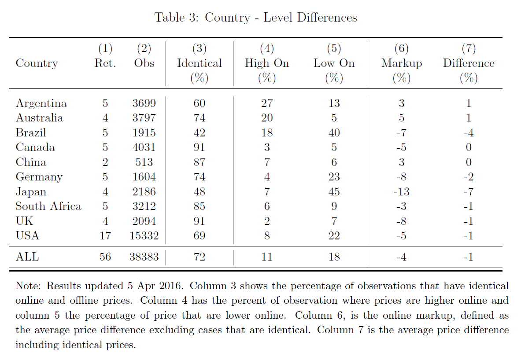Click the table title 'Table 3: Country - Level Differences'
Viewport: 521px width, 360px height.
pyautogui.click(x=255, y=17)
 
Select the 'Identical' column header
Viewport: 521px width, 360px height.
pyautogui.click(x=200, y=63)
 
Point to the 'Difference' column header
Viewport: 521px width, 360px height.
pyautogui.click(x=469, y=63)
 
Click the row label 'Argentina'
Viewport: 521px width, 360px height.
pyautogui.click(x=41, y=103)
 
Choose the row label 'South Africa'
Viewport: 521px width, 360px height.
pyautogui.click(x=48, y=206)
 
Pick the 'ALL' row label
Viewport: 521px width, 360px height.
pyautogui.click(x=27, y=257)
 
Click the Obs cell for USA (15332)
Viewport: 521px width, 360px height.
pyautogui.click(x=144, y=236)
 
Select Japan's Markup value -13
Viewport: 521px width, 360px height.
pyautogui.click(x=401, y=191)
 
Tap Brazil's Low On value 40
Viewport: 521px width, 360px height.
pyautogui.click(x=334, y=133)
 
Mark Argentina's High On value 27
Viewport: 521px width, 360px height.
pyautogui.click(x=267, y=103)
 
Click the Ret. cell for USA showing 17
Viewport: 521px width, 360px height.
pyautogui.click(x=105, y=236)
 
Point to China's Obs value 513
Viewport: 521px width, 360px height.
pyautogui.click(x=144, y=162)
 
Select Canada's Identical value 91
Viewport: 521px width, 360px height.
pyautogui.click(x=200, y=147)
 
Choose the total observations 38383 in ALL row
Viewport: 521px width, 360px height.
pyautogui.click(x=144, y=257)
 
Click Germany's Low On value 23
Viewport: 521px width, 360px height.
pyautogui.click(x=334, y=176)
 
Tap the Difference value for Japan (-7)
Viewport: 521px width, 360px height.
pyautogui.click(x=469, y=191)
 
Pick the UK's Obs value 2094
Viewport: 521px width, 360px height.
pyautogui.click(x=144, y=221)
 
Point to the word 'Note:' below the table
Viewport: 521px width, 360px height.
pyautogui.click(x=28, y=286)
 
